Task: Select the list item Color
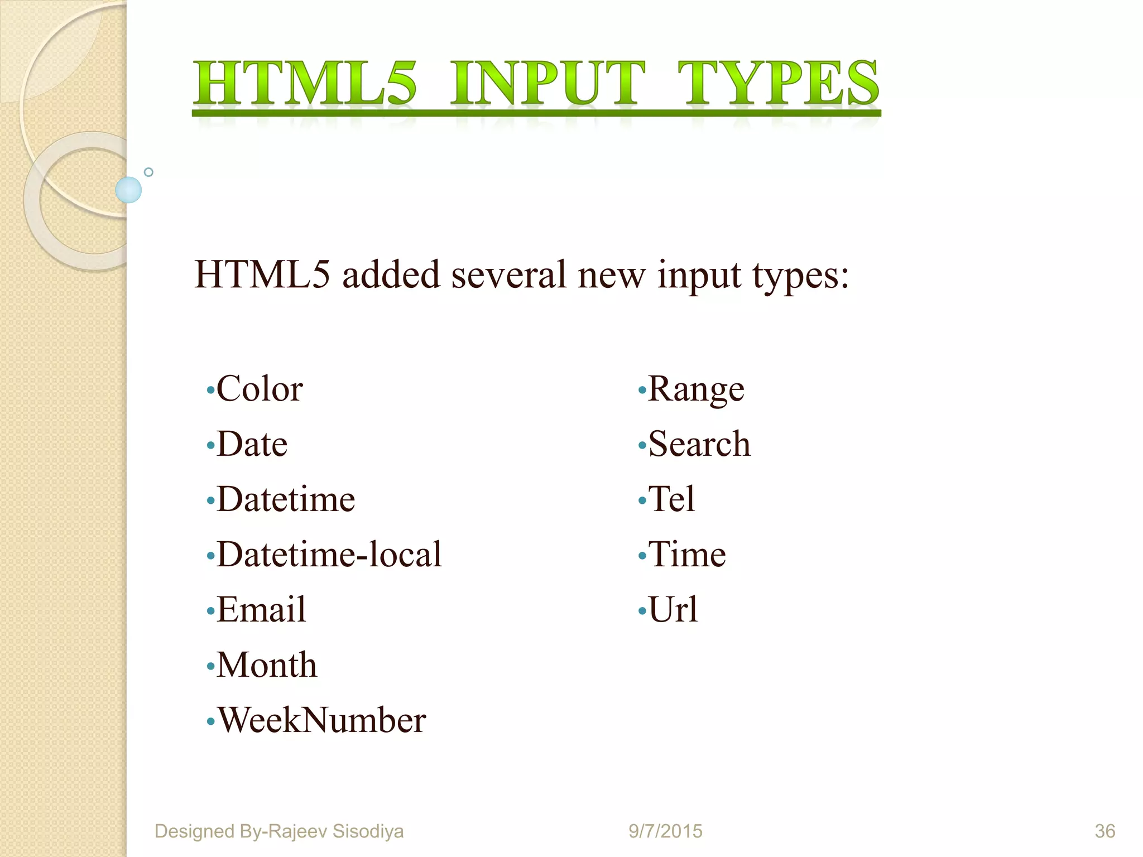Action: click(x=260, y=389)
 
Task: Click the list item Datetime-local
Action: click(x=329, y=555)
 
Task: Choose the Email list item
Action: click(x=261, y=609)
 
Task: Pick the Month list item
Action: click(x=267, y=665)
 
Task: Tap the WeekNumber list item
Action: click(x=321, y=720)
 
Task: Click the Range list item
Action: click(x=696, y=389)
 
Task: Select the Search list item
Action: click(x=699, y=444)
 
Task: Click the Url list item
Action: click(x=673, y=609)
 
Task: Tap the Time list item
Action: click(x=687, y=555)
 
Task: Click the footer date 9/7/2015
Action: click(x=665, y=831)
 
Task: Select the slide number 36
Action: click(x=1105, y=831)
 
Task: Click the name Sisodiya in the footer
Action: click(x=368, y=831)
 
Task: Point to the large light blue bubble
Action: click(x=128, y=190)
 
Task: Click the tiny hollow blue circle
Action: click(x=148, y=172)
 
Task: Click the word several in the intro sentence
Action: click(x=508, y=275)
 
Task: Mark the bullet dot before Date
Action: click(x=210, y=446)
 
